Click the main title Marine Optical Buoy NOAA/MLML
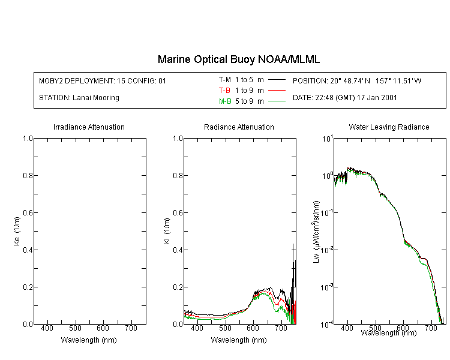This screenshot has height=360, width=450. [239, 59]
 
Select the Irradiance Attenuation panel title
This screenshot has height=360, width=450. [89, 127]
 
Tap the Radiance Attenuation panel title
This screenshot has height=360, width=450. [239, 127]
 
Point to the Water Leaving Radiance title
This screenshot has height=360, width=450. [389, 127]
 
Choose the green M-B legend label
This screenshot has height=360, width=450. [225, 101]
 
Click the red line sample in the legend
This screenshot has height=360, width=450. [277, 90]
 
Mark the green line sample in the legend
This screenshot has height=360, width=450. [277, 101]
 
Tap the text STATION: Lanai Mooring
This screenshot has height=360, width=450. [79, 98]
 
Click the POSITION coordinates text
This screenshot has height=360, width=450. [357, 80]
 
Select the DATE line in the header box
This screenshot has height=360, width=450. [345, 97]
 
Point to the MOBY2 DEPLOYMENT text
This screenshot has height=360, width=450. [103, 80]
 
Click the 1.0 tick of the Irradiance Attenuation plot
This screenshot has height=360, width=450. [28, 139]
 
